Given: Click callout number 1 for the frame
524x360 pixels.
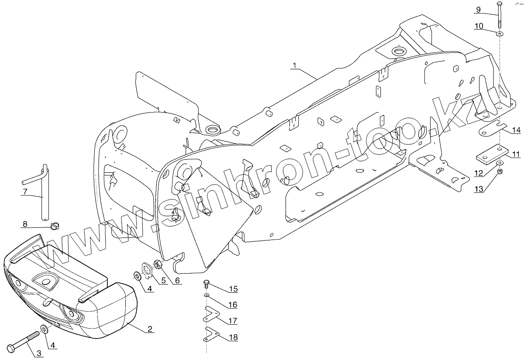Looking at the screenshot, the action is [295, 65].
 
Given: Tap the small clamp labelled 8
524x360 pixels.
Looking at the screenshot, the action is [55, 225].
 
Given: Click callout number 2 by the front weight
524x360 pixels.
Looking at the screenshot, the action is [150, 329].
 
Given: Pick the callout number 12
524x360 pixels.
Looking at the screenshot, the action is [479, 173].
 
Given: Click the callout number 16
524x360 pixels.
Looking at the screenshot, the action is [233, 305].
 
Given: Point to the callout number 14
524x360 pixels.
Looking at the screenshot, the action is [517, 130].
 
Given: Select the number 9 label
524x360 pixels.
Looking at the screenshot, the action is [478, 10].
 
